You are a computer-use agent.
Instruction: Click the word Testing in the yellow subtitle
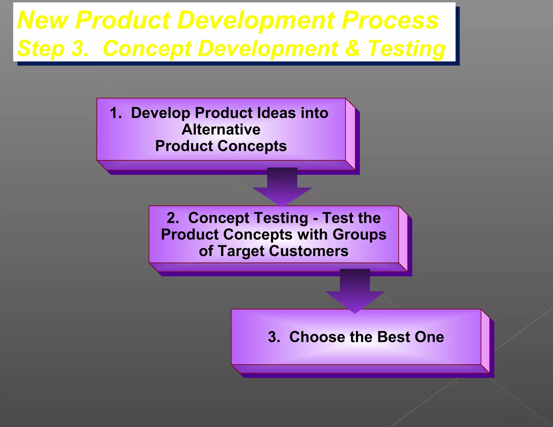point(406,49)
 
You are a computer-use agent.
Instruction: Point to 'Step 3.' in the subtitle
point(53,49)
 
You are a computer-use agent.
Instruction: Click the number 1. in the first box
point(116,113)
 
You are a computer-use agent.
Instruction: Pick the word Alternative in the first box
point(221,130)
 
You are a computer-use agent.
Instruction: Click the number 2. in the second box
point(173,218)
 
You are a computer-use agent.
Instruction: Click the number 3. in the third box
point(274,337)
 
